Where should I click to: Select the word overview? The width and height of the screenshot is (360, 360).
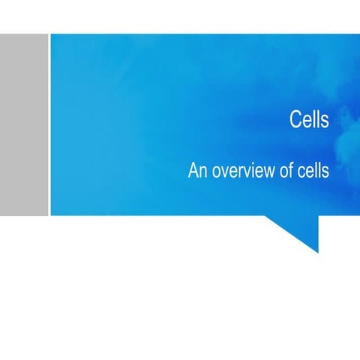click(240, 171)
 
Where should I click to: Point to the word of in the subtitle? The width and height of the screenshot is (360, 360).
click(284, 171)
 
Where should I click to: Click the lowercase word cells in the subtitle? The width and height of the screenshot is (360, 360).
click(313, 171)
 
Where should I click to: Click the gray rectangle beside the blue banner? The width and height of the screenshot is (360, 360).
click(23, 124)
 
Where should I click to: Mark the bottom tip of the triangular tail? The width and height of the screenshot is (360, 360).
click(317, 253)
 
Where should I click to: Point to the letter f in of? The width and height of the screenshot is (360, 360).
click(289, 170)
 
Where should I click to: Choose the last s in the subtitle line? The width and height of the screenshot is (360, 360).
click(325, 172)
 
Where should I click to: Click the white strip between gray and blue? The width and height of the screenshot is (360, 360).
click(49, 124)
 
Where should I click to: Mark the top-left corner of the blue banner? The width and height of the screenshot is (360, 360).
click(51, 34)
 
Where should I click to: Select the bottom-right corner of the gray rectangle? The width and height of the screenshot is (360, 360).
click(46, 214)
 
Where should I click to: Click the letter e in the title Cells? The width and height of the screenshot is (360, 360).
click(306, 121)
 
